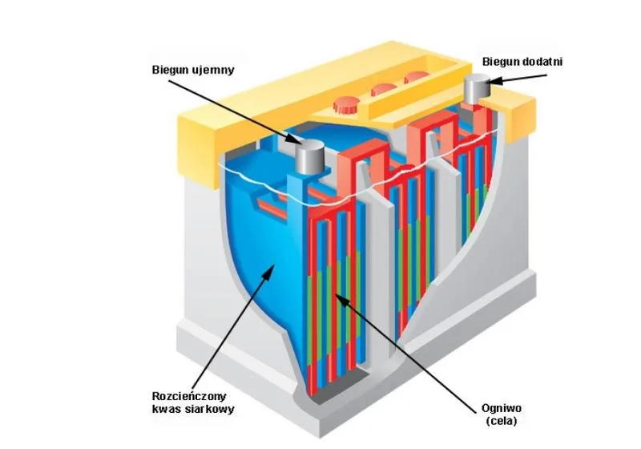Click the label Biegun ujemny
[193, 70]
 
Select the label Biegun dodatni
[522, 62]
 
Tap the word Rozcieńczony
[189, 396]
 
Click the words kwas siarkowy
[193, 410]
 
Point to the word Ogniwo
[502, 408]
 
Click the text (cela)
[502, 421]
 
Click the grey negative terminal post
[310, 156]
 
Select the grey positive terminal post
[477, 89]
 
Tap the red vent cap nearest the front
[345, 105]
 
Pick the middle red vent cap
[383, 89]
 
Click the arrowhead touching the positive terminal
[491, 80]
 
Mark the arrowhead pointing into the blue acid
[268, 271]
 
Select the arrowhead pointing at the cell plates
[341, 299]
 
